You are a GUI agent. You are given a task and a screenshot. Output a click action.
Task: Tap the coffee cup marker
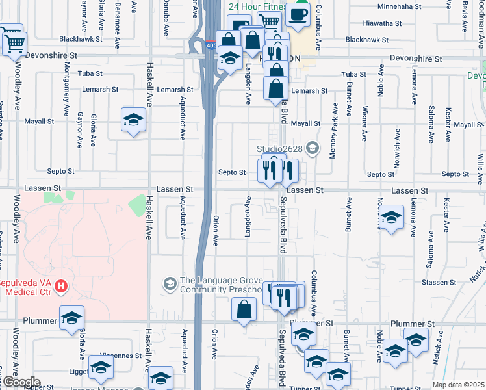pyautogui.click(x=298, y=14)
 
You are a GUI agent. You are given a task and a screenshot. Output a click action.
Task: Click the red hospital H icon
pyautogui.click(x=60, y=285)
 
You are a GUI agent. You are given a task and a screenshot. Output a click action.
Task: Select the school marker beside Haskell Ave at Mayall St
pyautogui.click(x=133, y=120)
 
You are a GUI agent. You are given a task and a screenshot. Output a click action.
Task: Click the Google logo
pyautogui.click(x=20, y=382)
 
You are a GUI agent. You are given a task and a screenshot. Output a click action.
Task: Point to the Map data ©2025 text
pyautogui.click(x=456, y=385)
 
